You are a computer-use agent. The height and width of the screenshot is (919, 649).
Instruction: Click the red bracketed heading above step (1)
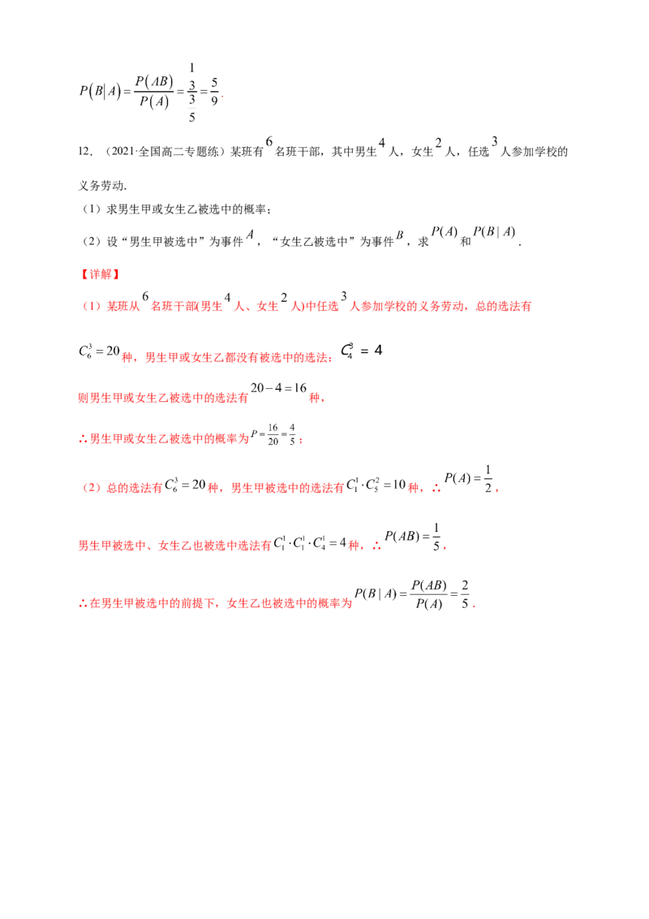99,275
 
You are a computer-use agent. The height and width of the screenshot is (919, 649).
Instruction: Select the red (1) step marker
88,306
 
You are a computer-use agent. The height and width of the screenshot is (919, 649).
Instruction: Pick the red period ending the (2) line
497,490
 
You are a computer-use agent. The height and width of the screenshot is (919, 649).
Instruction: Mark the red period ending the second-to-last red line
447,549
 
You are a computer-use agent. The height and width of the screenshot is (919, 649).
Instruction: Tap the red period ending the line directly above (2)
303,442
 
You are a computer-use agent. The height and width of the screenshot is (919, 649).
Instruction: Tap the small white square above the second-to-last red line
432,523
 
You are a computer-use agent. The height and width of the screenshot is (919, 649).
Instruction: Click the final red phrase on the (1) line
503,306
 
